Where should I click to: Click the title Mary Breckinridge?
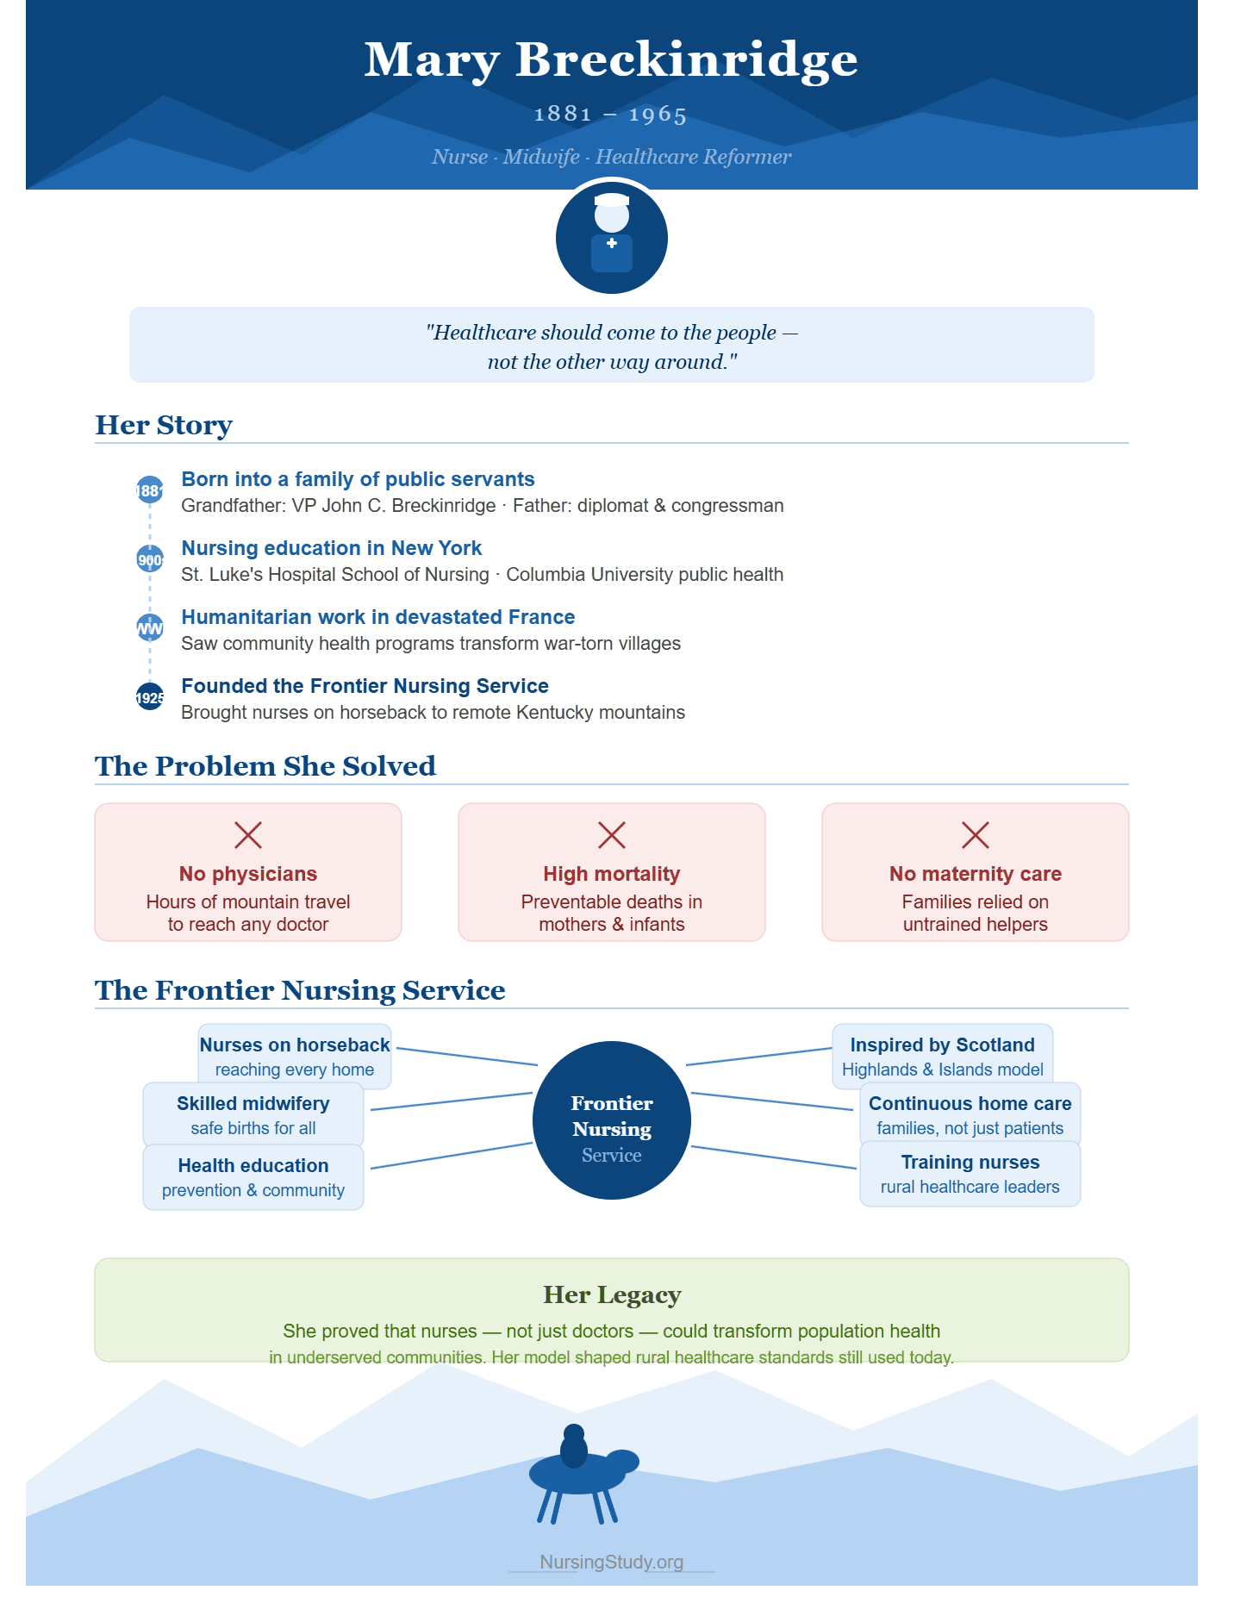(611, 60)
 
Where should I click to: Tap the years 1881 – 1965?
(611, 114)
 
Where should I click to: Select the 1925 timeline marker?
(150, 696)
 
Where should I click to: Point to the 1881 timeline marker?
(150, 490)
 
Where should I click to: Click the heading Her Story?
(164, 425)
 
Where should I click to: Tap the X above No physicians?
(248, 834)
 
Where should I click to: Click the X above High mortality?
(612, 834)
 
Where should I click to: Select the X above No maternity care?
(976, 834)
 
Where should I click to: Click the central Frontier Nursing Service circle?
(612, 1120)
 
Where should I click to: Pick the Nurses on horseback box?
(295, 1057)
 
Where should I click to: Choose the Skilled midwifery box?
(253, 1115)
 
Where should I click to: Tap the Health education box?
(253, 1177)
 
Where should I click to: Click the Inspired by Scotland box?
(943, 1057)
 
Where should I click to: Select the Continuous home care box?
(970, 1115)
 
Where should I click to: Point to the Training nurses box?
(970, 1174)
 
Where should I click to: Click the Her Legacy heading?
(612, 1295)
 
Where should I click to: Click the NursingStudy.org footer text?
(612, 1562)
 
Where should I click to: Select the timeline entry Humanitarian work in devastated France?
(378, 617)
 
